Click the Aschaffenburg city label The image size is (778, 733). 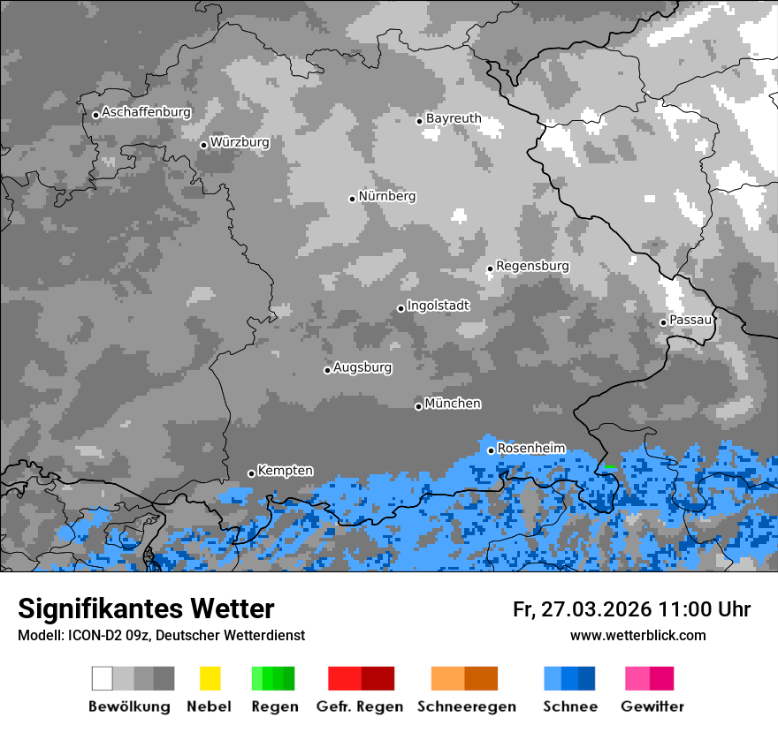146,113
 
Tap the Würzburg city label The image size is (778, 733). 240,142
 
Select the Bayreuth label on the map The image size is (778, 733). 454,118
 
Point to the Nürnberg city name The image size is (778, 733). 387,196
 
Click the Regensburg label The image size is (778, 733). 532,266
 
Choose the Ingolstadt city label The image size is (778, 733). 439,306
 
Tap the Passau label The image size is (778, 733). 690,320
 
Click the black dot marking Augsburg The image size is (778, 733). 327,370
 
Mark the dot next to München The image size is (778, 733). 418,406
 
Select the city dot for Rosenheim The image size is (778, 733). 491,450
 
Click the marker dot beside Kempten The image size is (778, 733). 251,473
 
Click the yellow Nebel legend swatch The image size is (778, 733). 210,678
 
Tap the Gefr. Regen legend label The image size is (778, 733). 360,707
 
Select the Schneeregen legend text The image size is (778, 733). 466,707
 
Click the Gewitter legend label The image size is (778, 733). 652,707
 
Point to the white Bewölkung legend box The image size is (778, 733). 103,678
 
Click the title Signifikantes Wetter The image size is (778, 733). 146,608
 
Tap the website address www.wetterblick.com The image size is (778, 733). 637,635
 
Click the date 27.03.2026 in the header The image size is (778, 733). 599,609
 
